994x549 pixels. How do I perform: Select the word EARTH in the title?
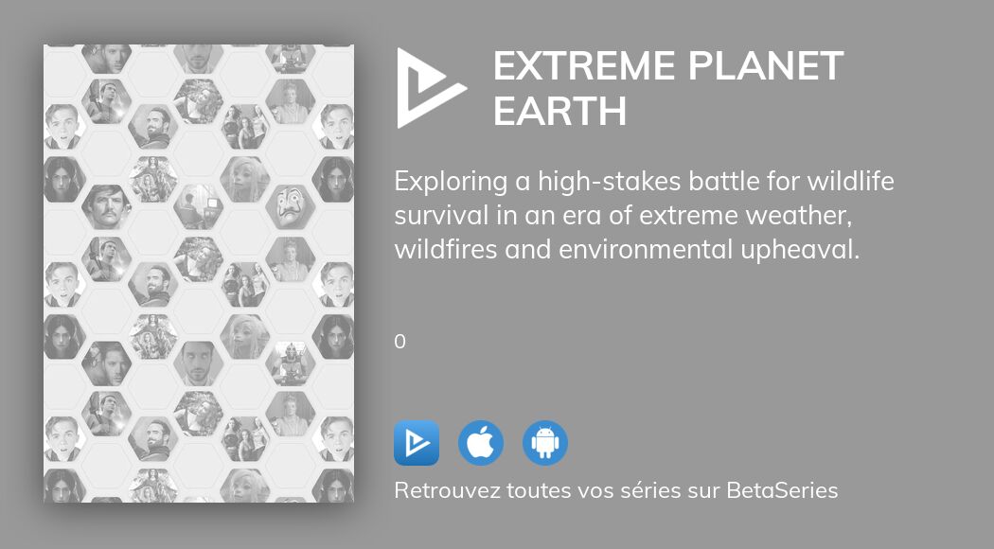[559, 112]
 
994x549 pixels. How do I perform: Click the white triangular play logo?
[428, 88]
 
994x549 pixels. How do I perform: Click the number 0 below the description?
[399, 342]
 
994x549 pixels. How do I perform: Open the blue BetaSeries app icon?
[417, 443]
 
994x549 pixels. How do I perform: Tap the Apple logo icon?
[481, 443]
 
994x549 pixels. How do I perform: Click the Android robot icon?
[545, 443]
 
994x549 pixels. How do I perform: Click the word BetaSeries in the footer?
[782, 491]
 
